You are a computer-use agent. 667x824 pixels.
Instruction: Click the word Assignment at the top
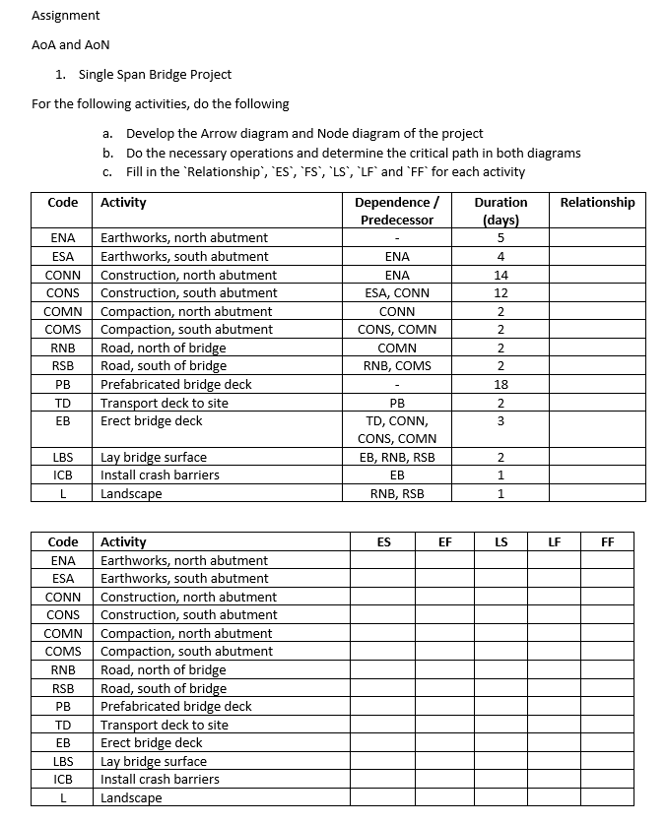pyautogui.click(x=66, y=16)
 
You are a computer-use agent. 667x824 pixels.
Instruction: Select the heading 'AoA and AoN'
pyautogui.click(x=71, y=45)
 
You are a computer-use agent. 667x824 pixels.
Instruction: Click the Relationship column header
pyautogui.click(x=597, y=203)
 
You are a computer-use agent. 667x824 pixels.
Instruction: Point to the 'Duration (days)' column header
pyautogui.click(x=500, y=211)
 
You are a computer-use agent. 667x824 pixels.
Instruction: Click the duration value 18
pyautogui.click(x=500, y=384)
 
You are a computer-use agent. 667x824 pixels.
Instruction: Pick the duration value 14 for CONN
pyautogui.click(x=500, y=275)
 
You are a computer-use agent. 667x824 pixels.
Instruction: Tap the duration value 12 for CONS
pyautogui.click(x=500, y=293)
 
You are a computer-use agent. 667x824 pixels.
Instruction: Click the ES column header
pyautogui.click(x=383, y=541)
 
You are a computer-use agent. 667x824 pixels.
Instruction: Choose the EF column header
pyautogui.click(x=444, y=541)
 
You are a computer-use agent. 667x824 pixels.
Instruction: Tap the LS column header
pyautogui.click(x=500, y=541)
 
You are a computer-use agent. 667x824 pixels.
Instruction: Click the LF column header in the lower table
pyautogui.click(x=555, y=541)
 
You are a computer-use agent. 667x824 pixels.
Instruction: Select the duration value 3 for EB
pyautogui.click(x=500, y=421)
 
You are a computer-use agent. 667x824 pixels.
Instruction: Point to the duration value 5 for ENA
pyautogui.click(x=500, y=238)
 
